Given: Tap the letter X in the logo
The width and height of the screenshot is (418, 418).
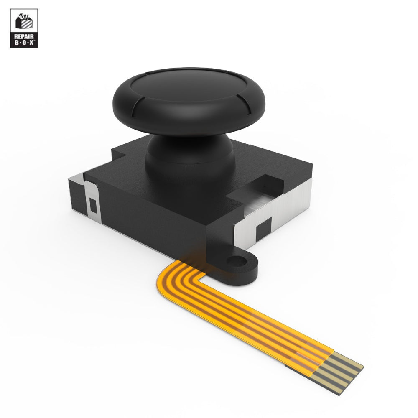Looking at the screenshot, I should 32,43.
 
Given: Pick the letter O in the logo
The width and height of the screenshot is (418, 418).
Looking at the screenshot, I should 24,43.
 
